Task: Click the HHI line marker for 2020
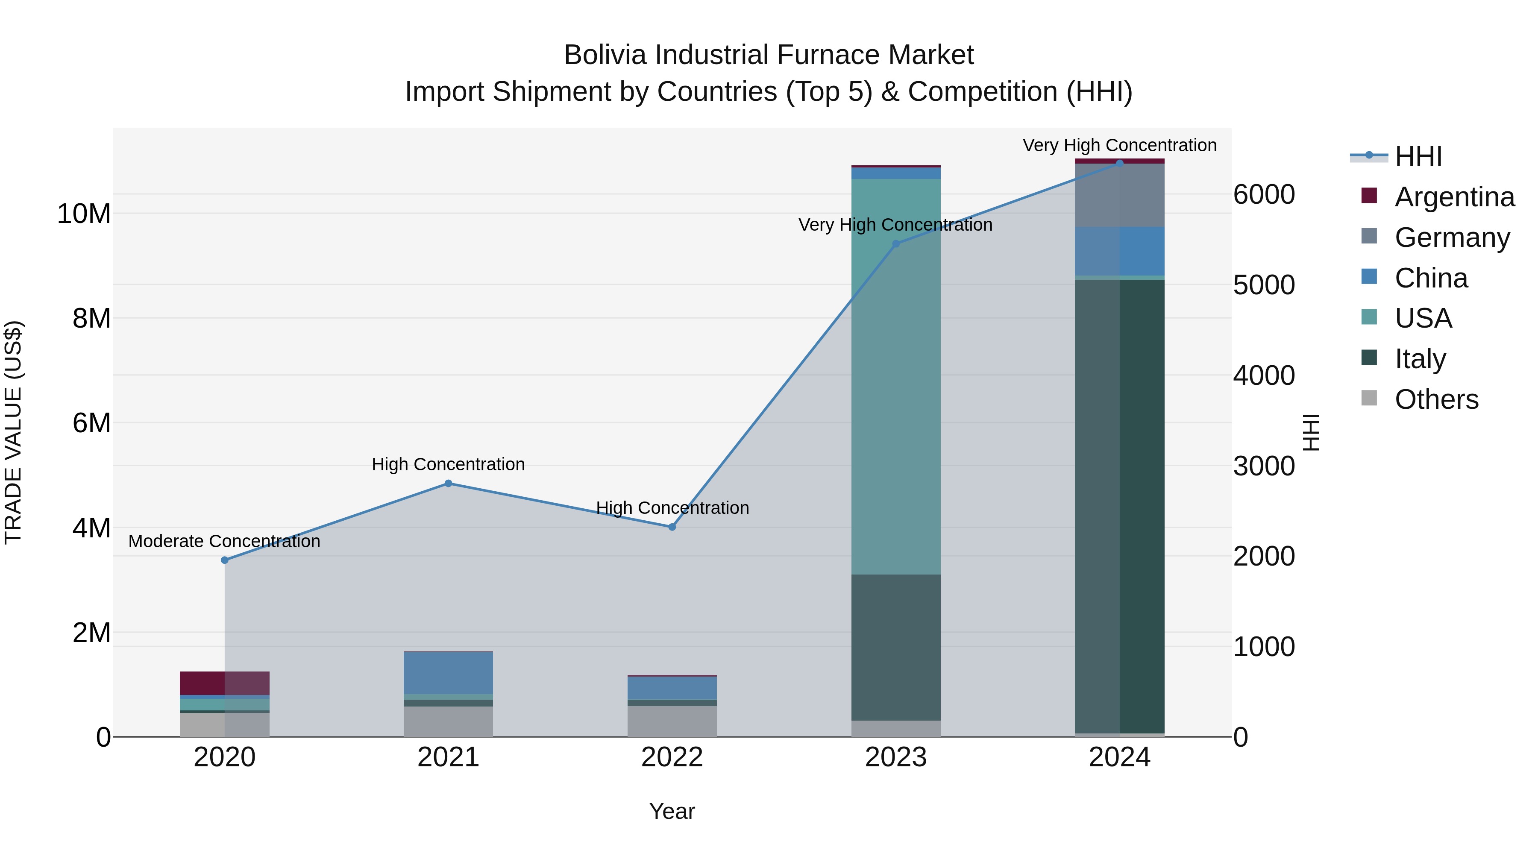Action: tap(224, 560)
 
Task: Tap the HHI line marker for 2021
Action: tap(449, 484)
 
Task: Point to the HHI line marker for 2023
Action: tap(895, 243)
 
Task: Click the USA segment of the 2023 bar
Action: tap(895, 376)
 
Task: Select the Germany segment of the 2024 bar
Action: tap(1119, 195)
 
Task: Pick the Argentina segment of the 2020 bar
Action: tap(224, 683)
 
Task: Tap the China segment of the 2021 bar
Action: tap(449, 673)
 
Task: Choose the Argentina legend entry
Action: tap(1454, 197)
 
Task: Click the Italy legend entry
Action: tap(1420, 359)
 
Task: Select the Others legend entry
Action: tap(1436, 399)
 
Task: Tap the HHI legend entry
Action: tap(1418, 156)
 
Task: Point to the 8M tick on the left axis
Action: tap(91, 318)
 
